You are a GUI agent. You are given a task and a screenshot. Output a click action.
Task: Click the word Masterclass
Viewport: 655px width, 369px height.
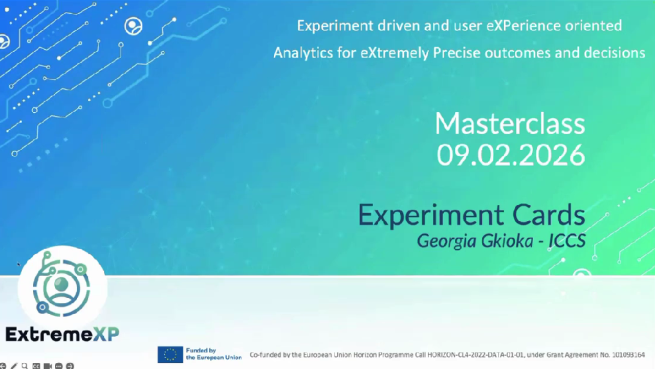pyautogui.click(x=510, y=124)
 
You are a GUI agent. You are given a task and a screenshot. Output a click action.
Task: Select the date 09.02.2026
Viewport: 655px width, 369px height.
pyautogui.click(x=511, y=155)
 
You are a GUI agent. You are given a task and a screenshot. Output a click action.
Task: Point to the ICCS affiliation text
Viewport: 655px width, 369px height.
pyautogui.click(x=567, y=241)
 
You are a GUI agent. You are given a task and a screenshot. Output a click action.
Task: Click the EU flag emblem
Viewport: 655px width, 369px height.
pyautogui.click(x=170, y=354)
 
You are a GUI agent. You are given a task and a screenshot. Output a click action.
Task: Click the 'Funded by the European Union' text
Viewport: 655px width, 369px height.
pyautogui.click(x=214, y=354)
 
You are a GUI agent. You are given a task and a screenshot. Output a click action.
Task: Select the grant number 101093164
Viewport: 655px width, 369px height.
pyautogui.click(x=628, y=355)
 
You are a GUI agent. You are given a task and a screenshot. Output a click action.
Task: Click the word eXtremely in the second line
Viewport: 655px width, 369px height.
pyautogui.click(x=395, y=53)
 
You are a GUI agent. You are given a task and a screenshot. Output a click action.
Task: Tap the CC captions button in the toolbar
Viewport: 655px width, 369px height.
pyautogui.click(x=36, y=366)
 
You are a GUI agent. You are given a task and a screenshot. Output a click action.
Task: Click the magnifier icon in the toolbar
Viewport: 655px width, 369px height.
pyautogui.click(x=25, y=366)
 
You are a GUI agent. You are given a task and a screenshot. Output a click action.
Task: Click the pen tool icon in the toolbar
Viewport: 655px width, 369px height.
pyautogui.click(x=13, y=366)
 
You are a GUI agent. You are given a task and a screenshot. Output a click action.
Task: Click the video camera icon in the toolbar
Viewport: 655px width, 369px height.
pyautogui.click(x=48, y=366)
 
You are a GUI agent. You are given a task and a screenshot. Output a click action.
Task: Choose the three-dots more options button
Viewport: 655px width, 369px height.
pyautogui.click(x=59, y=366)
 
